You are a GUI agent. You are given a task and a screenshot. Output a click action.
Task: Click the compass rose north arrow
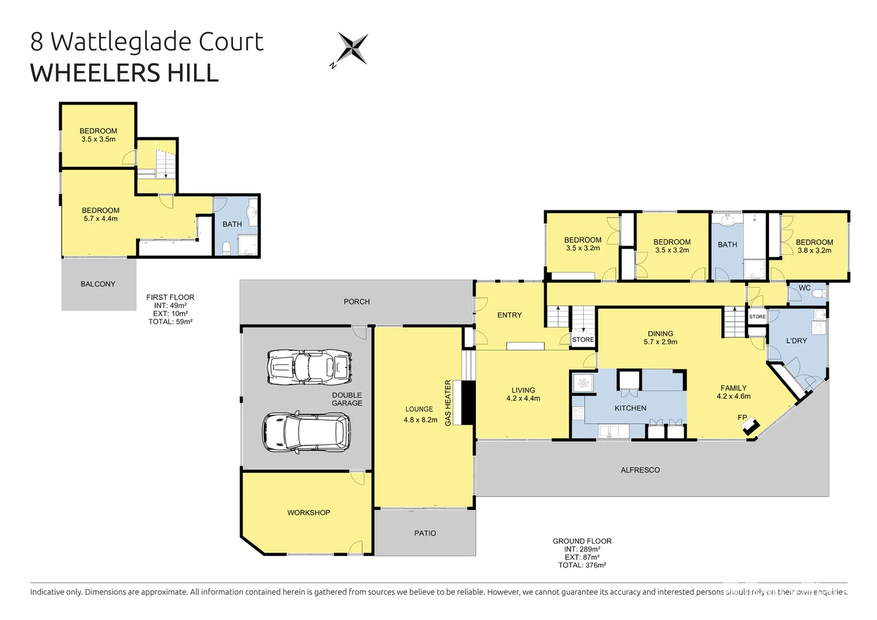pyautogui.click(x=351, y=48)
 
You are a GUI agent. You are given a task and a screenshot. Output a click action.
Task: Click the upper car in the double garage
pyautogui.click(x=309, y=367)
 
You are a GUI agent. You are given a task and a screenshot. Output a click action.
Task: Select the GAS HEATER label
pyautogui.click(x=448, y=402)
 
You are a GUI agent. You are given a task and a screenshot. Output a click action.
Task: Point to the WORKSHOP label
pyautogui.click(x=309, y=513)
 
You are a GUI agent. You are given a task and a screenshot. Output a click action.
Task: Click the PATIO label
pyautogui.click(x=425, y=533)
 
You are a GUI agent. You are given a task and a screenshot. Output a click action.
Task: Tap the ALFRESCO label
pyautogui.click(x=640, y=470)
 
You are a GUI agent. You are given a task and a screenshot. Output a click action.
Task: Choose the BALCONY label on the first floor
pyautogui.click(x=98, y=284)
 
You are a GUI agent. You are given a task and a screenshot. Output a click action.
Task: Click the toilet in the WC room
pyautogui.click(x=818, y=294)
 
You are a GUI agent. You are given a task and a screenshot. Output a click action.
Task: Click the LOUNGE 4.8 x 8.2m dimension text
pyautogui.click(x=420, y=420)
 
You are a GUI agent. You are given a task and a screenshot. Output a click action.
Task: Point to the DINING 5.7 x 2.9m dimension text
pyautogui.click(x=661, y=342)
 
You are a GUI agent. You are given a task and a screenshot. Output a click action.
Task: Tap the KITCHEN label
pyautogui.click(x=630, y=408)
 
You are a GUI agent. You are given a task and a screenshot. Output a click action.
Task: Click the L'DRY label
pyautogui.click(x=796, y=341)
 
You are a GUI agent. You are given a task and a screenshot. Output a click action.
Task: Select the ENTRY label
pyautogui.click(x=509, y=315)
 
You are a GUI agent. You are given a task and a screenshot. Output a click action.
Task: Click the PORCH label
pyautogui.click(x=356, y=302)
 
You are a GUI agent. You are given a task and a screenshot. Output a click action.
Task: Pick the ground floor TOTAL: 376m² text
pyautogui.click(x=582, y=565)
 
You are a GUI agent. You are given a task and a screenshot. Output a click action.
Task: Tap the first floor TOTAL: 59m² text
pyautogui.click(x=170, y=322)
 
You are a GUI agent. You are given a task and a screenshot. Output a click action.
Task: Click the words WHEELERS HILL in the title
pyautogui.click(x=125, y=73)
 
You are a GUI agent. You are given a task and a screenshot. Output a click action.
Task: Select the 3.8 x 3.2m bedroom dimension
pyautogui.click(x=814, y=250)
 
